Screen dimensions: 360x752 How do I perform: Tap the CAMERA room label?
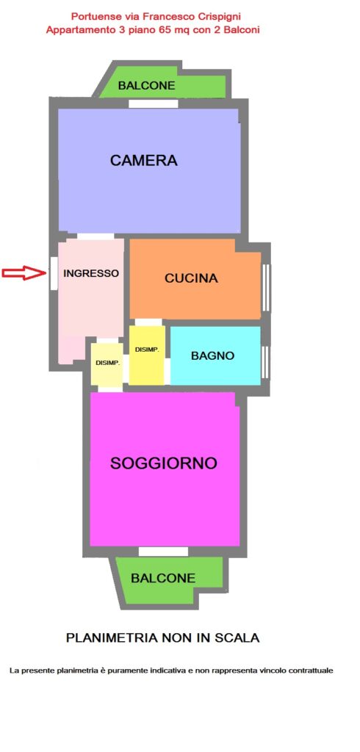tap(143, 160)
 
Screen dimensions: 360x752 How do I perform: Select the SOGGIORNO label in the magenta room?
tap(164, 463)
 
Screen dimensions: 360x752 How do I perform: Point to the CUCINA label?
tap(191, 278)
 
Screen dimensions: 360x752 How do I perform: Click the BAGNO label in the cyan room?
tap(212, 356)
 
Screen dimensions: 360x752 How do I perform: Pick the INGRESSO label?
tap(91, 273)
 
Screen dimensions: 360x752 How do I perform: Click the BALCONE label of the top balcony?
tap(146, 86)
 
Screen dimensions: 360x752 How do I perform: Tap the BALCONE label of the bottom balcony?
tap(163, 578)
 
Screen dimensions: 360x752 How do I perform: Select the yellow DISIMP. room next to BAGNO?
tap(147, 355)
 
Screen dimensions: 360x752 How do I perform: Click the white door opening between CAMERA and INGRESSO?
tap(96, 236)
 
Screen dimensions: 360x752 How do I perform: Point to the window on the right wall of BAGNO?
tap(266, 361)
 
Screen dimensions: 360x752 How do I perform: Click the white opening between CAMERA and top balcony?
tap(154, 104)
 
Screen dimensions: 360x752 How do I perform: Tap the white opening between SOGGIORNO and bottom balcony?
tap(163, 552)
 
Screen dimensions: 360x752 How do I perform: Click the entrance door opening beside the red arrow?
tap(54, 273)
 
